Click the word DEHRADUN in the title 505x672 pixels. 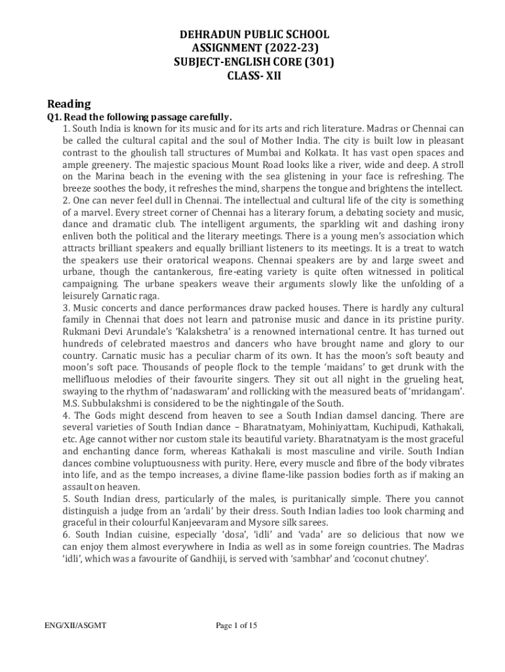click(x=207, y=34)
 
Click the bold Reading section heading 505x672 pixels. click(x=69, y=104)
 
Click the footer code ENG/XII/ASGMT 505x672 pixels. click(x=71, y=625)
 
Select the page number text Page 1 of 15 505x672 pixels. click(x=237, y=625)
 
